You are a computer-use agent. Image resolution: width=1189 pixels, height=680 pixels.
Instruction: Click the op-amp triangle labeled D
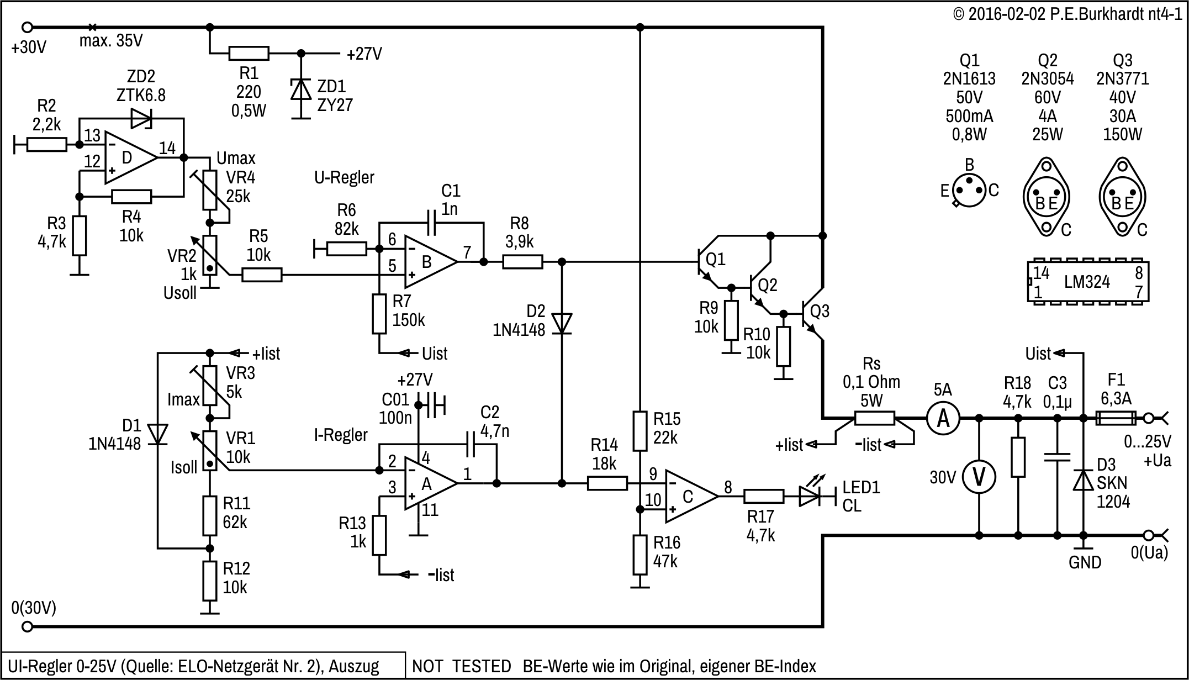click(x=129, y=158)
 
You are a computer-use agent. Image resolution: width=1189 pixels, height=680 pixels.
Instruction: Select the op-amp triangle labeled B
click(x=429, y=262)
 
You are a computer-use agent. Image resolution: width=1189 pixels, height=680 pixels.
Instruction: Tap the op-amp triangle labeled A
click(x=429, y=484)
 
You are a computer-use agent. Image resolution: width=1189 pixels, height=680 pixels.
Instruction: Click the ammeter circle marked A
click(x=943, y=418)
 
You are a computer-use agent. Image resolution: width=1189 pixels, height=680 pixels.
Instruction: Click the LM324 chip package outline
click(x=1088, y=281)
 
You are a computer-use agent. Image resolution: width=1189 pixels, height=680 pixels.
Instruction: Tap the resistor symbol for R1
click(x=249, y=54)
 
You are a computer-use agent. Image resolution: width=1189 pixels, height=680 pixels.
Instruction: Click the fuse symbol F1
click(x=1116, y=418)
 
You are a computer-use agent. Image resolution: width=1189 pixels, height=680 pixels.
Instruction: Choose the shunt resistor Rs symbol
click(x=874, y=418)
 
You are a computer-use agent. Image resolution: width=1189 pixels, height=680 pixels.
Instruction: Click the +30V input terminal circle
click(x=27, y=27)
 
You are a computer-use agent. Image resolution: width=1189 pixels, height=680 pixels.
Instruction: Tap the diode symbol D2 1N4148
click(x=562, y=323)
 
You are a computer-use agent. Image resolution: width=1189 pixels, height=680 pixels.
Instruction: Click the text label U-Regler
click(x=344, y=178)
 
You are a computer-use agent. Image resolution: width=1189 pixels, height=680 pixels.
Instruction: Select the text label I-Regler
click(x=341, y=435)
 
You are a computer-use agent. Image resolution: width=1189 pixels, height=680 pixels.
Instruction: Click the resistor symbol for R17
click(x=763, y=496)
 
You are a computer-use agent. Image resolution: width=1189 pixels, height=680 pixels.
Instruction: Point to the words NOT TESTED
click(x=462, y=666)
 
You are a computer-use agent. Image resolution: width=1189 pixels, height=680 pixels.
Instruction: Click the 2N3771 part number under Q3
click(x=1122, y=79)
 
